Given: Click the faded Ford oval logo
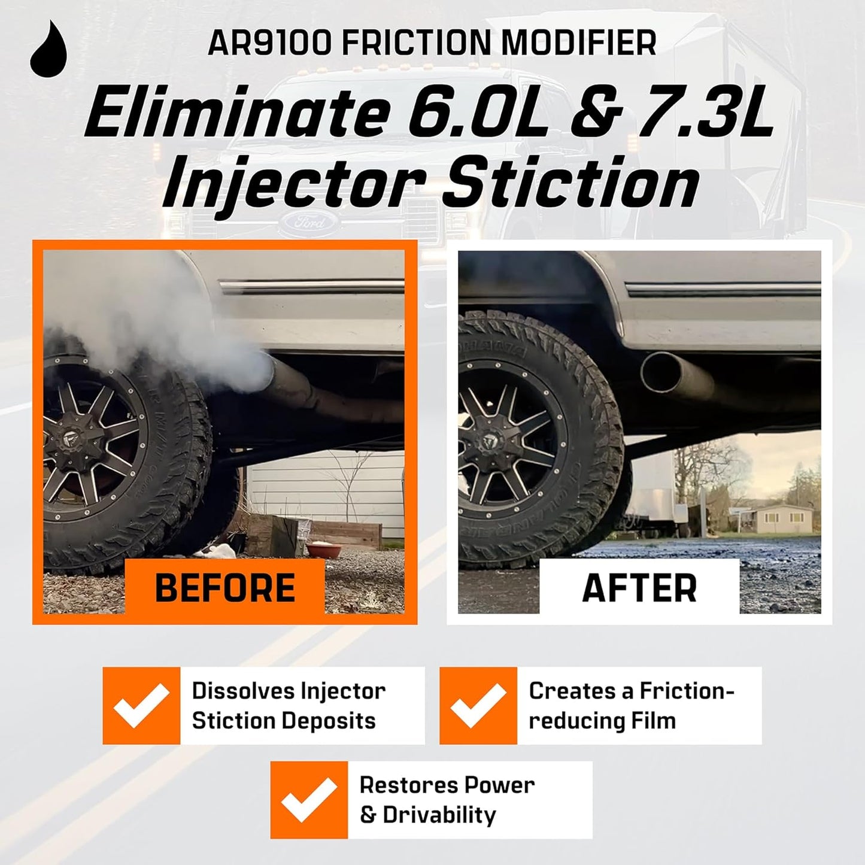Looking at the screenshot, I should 310,222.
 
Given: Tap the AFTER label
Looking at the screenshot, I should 639,587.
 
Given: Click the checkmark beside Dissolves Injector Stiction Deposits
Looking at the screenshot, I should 141,706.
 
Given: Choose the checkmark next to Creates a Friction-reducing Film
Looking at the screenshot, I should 478,706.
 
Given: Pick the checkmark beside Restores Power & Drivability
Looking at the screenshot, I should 309,800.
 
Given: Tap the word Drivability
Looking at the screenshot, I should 439,815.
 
